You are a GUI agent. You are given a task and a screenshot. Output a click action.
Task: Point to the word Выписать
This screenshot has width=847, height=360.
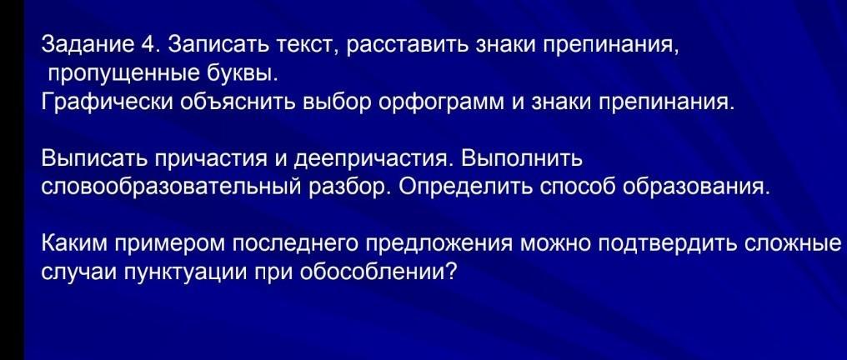click(94, 159)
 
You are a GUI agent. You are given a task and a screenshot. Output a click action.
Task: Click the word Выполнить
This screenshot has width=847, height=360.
click(522, 159)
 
